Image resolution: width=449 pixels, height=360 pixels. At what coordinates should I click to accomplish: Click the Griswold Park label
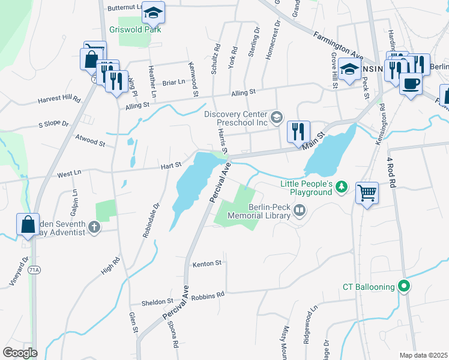tap(136, 29)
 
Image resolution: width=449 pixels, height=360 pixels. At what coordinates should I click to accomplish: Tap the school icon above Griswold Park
tap(153, 12)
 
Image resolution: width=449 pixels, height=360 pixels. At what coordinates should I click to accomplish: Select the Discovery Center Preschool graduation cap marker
tap(276, 116)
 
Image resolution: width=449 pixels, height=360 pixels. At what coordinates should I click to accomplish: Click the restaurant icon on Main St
tap(298, 131)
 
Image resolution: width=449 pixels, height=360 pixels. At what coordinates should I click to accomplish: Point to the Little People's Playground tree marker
tap(342, 187)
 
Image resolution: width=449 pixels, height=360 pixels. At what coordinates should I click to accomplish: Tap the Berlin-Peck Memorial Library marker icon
tap(299, 211)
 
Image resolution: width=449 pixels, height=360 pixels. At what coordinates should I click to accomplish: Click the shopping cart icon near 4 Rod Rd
tap(367, 193)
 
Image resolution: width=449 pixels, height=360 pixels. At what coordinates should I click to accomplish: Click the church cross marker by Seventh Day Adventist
tap(94, 227)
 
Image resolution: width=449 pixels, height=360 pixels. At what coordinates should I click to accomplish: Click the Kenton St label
tap(208, 263)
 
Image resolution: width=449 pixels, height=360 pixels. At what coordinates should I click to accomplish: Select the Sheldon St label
tap(157, 302)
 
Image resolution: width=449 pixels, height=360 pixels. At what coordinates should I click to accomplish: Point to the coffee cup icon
tap(411, 83)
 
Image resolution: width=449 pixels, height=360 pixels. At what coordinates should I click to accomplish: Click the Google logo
tap(20, 353)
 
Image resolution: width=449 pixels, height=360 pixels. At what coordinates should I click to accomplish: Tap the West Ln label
tap(69, 174)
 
